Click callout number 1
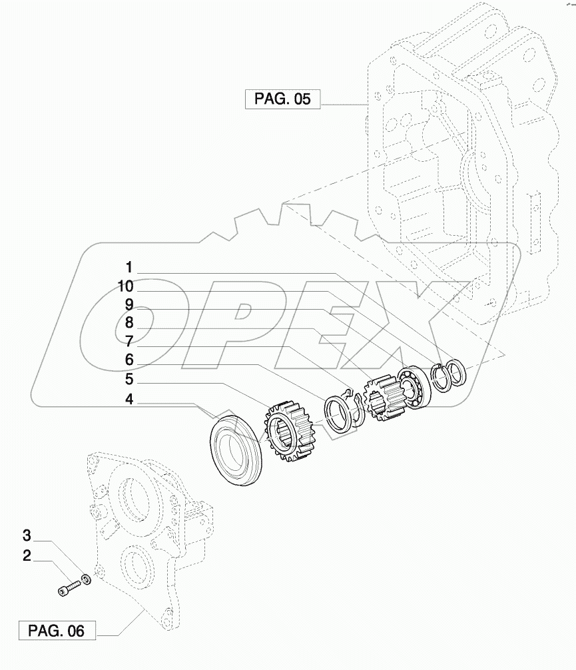129,268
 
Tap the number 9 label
129,304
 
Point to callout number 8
129,323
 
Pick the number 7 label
129,342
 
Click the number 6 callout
129,360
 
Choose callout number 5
129,380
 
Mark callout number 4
129,400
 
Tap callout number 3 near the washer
27,535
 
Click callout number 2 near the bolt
27,555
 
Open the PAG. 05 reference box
282,100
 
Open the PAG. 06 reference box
57,630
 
